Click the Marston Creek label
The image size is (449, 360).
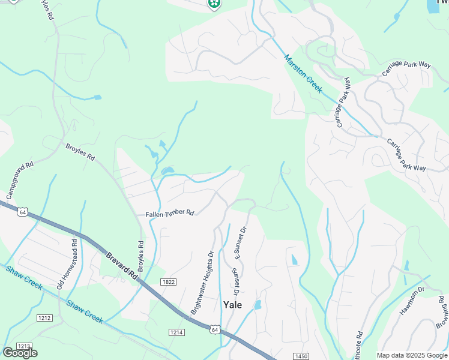[303, 74]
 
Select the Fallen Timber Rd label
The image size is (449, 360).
[170, 213]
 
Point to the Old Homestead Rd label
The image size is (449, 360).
[67, 265]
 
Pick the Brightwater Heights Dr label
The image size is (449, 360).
[202, 283]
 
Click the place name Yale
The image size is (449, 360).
[232, 305]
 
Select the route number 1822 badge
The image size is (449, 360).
[168, 281]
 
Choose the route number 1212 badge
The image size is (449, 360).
[44, 317]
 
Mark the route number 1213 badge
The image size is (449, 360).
[23, 346]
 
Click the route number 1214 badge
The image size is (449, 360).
[176, 332]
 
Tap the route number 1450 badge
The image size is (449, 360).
[301, 356]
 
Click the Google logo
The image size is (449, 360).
[20, 353]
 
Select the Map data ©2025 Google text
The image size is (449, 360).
[412, 355]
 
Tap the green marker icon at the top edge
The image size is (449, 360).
[213, 4]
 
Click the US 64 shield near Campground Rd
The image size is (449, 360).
[23, 212]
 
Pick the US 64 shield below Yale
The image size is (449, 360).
[215, 329]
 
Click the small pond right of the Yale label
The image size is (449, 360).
[258, 305]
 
